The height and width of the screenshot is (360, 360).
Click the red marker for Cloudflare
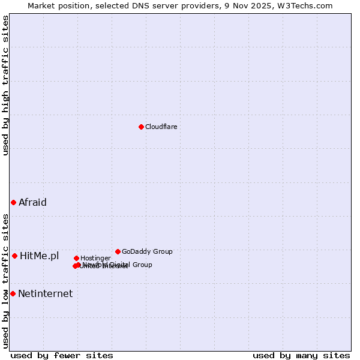[x=141, y=127]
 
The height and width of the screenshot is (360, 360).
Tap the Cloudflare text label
[x=161, y=127]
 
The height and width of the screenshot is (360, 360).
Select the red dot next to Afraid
[x=13, y=202]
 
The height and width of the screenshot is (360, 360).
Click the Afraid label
[x=32, y=202]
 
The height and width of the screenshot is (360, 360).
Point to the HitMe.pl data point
[x=14, y=256]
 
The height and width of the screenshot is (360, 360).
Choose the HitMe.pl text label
[x=40, y=256]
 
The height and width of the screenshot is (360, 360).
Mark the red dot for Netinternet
[x=13, y=293]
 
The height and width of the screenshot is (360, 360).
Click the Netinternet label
[x=45, y=293]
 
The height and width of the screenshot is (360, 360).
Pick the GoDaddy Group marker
[x=118, y=251]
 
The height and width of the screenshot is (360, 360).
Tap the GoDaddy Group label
[x=147, y=251]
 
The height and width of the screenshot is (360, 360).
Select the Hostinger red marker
[x=76, y=258]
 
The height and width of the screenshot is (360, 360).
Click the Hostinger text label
[x=95, y=258]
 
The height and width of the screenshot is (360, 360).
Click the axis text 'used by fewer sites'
[x=62, y=355]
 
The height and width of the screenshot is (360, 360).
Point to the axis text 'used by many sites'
[x=301, y=355]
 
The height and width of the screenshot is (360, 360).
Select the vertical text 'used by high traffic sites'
[x=5, y=85]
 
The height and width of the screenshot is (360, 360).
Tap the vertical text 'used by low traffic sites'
[x=5, y=280]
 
